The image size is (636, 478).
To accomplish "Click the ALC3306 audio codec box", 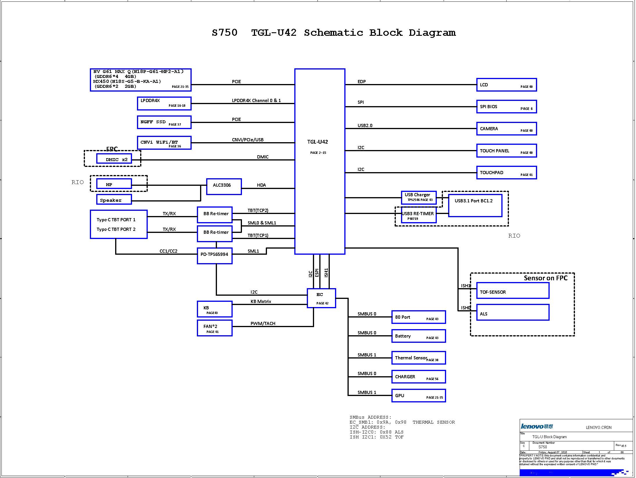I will [x=224, y=186].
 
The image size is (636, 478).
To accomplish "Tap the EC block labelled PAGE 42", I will [x=321, y=298].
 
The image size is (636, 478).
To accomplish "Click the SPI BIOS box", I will [x=506, y=107].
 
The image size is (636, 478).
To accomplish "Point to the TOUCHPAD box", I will [x=506, y=173].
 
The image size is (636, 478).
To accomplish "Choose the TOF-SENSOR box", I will [x=512, y=290].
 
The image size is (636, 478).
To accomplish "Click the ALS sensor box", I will [x=512, y=313].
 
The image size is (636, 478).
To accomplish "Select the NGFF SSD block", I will [x=164, y=122].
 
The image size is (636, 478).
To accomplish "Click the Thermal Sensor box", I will [x=418, y=358].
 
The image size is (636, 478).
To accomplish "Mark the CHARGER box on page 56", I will [x=418, y=377].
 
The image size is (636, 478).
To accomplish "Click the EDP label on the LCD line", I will [x=361, y=82].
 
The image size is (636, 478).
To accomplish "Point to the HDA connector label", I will [x=261, y=185].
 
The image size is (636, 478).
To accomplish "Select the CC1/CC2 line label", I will [x=168, y=251].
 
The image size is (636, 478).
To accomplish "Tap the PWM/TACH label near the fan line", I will [x=263, y=324].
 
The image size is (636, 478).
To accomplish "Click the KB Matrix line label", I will [x=261, y=302].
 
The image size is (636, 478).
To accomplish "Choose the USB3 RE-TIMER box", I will [x=418, y=215].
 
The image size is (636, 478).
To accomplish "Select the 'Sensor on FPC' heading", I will [x=546, y=278].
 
